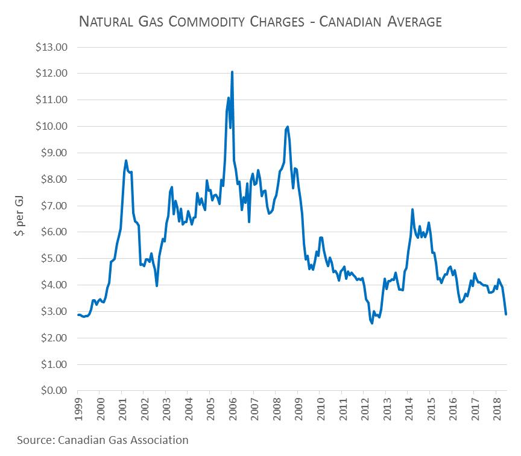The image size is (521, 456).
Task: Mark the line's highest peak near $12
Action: [x=232, y=72]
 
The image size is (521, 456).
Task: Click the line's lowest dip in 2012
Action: [x=372, y=323]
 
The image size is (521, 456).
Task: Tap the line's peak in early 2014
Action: [x=412, y=209]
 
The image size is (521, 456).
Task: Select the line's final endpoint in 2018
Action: [x=506, y=314]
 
